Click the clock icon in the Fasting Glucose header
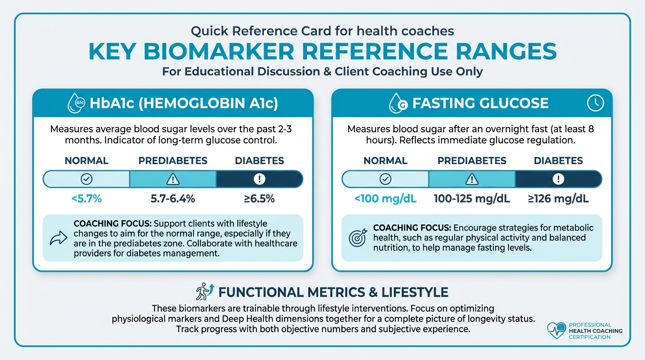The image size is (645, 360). pos(596,103)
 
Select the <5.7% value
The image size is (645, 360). pos(87,199)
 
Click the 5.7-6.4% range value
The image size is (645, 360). pos(173,199)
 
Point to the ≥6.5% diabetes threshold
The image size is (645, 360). pos(259,199)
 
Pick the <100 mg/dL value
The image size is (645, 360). pos(385,199)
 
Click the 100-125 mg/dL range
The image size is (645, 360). pos(472,199)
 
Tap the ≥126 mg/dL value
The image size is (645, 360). pos(558,199)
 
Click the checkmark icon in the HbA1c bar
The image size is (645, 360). pos(87,179)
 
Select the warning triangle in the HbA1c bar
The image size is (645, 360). pos(173,179)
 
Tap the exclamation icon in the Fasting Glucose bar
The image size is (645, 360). pos(558,179)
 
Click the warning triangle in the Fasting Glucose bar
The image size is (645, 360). pos(472,179)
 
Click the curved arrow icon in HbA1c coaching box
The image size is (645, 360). pos(59,238)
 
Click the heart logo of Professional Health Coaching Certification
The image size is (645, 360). pos(556,330)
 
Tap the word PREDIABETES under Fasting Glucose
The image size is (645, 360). pos(472,161)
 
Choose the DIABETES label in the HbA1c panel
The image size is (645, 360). pos(259,161)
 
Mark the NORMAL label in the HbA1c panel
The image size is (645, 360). pos(87,161)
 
